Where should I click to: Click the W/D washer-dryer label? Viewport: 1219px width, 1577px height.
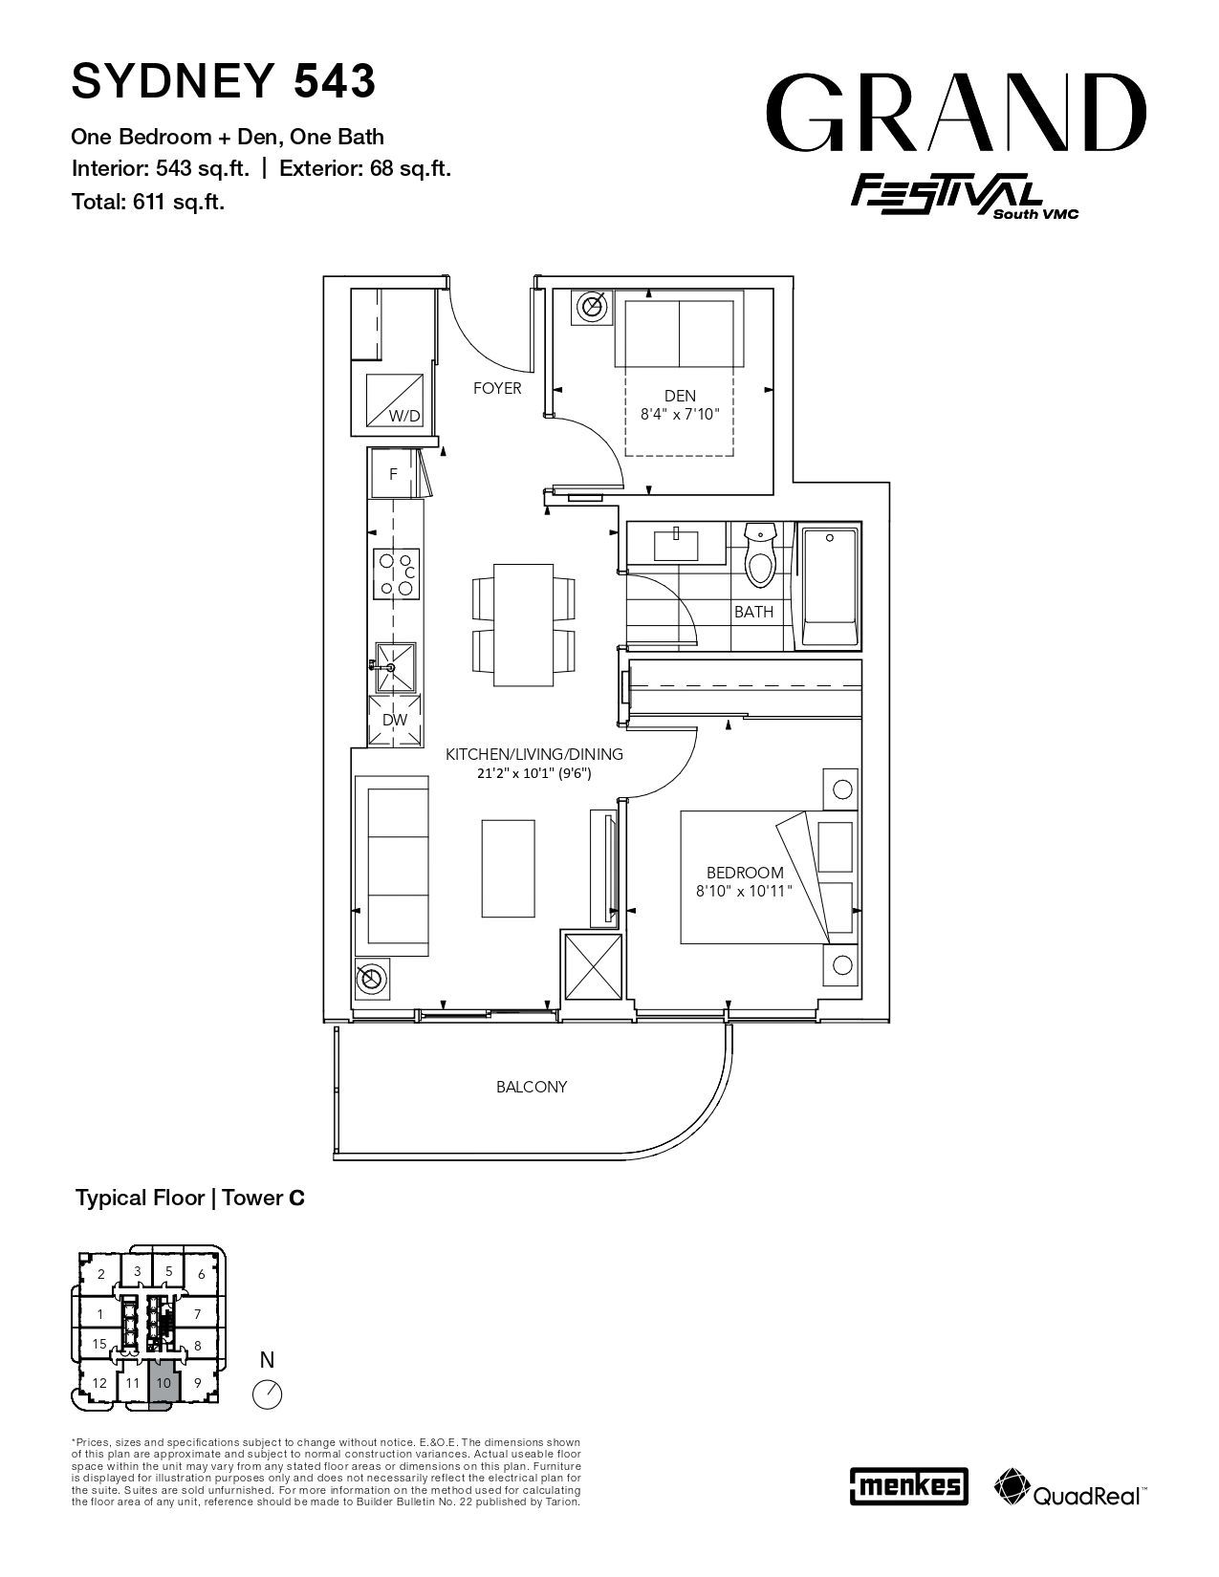pyautogui.click(x=404, y=416)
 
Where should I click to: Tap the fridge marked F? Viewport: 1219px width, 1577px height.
pyautogui.click(x=394, y=473)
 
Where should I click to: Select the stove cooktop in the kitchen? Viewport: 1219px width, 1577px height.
pyautogui.click(x=397, y=573)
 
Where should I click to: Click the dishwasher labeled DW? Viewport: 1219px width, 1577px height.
pyautogui.click(x=395, y=720)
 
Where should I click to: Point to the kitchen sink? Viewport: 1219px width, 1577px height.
pyautogui.click(x=395, y=667)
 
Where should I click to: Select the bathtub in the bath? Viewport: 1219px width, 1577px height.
pyautogui.click(x=829, y=587)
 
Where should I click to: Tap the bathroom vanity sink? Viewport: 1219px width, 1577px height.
pyautogui.click(x=676, y=545)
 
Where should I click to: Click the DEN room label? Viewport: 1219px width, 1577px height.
pyautogui.click(x=681, y=397)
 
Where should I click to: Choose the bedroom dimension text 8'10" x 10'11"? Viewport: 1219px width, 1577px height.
pyautogui.click(x=744, y=891)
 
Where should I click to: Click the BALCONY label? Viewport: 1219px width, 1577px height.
pyautogui.click(x=532, y=1087)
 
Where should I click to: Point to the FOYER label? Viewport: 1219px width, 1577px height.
pyautogui.click(x=497, y=388)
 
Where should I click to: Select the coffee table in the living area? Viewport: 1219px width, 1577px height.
pyautogui.click(x=509, y=869)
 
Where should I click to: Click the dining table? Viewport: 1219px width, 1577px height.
pyautogui.click(x=524, y=625)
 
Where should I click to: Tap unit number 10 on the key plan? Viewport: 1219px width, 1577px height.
pyautogui.click(x=164, y=1383)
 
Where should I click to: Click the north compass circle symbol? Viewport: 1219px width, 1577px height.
pyautogui.click(x=267, y=1394)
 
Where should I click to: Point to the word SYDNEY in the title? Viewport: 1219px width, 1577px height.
pyautogui.click(x=173, y=80)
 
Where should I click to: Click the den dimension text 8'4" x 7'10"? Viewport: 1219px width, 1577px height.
pyautogui.click(x=680, y=415)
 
